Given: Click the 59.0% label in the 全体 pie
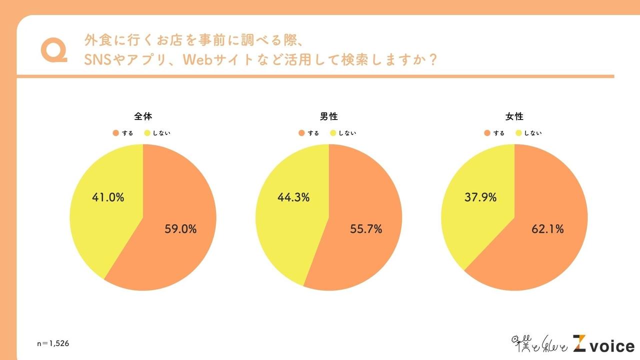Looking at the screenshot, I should point(180,229).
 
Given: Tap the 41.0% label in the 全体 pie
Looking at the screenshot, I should point(108,197).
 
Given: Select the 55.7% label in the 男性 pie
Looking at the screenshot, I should point(366,229).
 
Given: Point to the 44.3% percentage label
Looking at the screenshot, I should point(293,197).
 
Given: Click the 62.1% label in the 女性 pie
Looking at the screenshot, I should point(547,229).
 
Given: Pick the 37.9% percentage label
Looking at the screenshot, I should point(480,197).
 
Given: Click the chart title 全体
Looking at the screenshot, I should point(143,116).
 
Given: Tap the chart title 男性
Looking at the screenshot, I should point(329,116).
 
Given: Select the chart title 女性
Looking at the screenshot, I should point(514,116).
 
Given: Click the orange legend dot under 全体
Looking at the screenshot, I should point(116,133).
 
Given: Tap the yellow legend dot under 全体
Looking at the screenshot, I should point(147,133).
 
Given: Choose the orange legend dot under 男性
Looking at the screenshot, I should point(301,133).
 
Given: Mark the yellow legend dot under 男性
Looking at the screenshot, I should point(333,133).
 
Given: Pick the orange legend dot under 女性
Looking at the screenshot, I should point(487,133).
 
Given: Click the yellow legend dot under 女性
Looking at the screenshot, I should point(518,133).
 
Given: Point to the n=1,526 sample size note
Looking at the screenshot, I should point(53,343).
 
